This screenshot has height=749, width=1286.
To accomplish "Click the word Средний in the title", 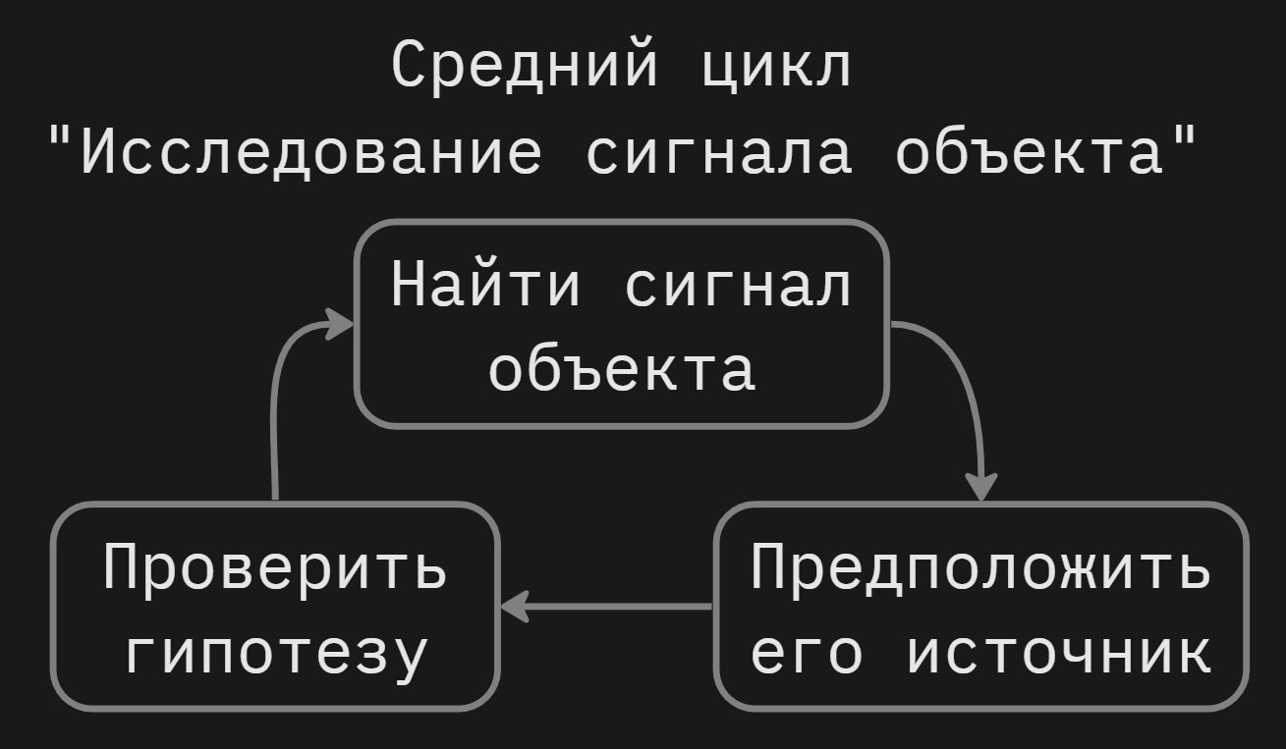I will point(525,67).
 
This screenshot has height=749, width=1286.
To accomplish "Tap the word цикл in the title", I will point(776,67).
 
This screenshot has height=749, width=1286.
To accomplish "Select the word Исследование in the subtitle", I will point(309,152).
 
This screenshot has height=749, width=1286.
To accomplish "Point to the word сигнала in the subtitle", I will point(718,152).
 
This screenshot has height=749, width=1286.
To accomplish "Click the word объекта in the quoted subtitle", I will point(1028,152).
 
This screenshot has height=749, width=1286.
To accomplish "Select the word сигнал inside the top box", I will point(739,285).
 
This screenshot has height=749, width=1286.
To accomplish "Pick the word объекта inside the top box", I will point(622,370).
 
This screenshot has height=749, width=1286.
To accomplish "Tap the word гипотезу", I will point(277,653).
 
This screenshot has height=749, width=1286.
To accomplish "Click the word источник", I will point(1058,653).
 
